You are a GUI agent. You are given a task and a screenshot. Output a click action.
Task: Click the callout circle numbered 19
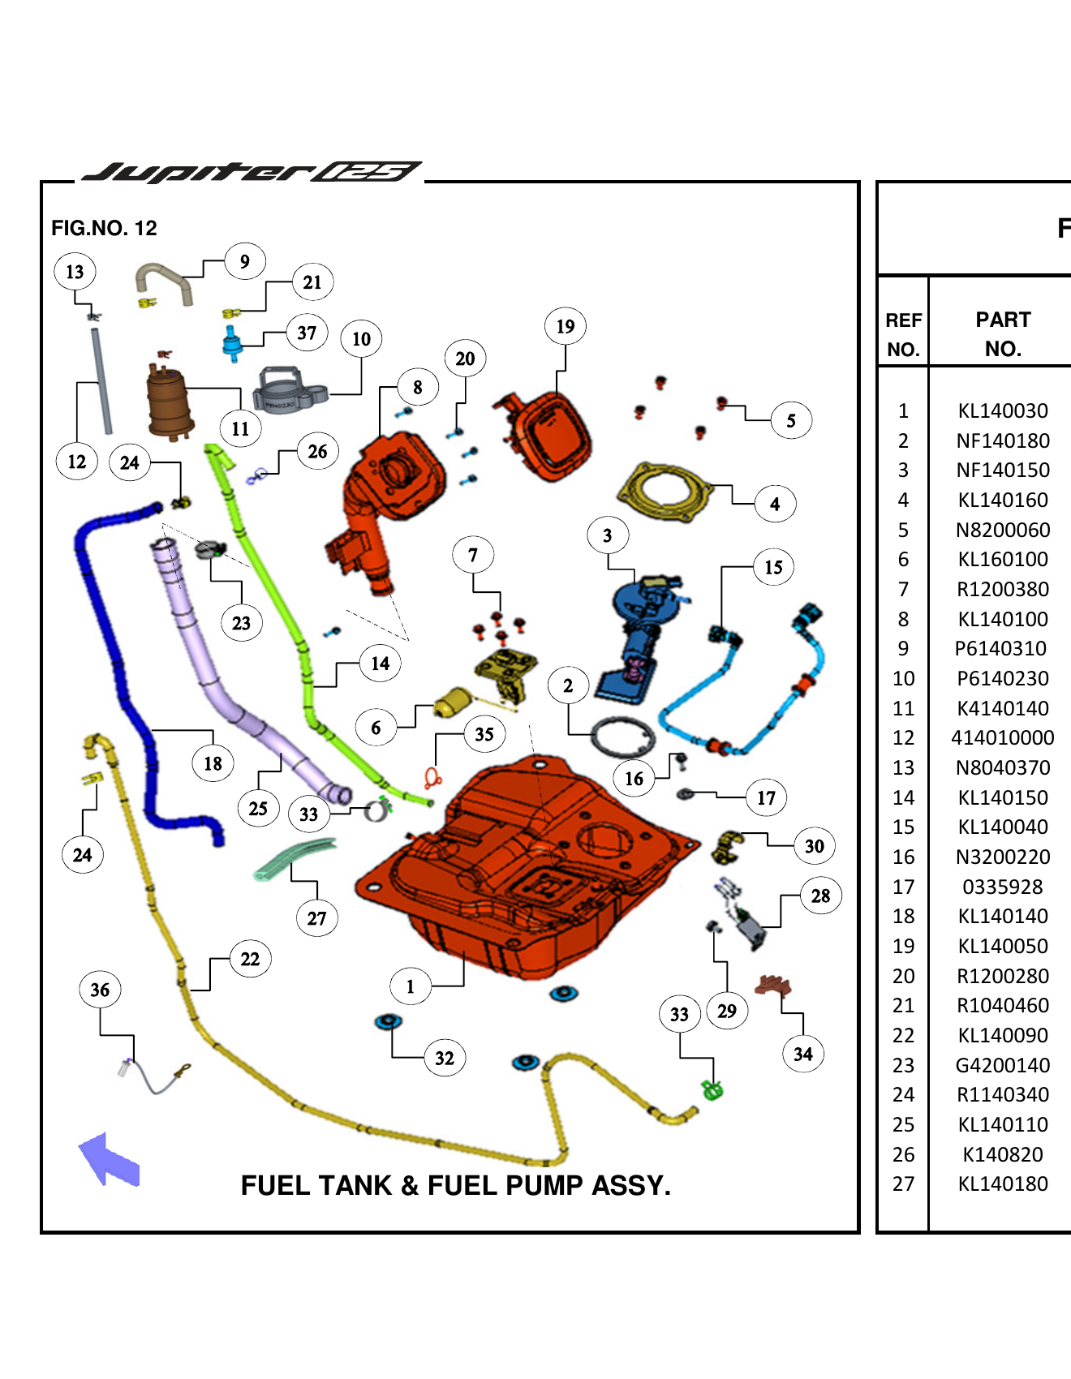(x=565, y=327)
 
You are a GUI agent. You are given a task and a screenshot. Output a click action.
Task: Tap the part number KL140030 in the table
(x=1002, y=410)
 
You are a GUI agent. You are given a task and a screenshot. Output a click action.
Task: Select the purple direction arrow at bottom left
(x=109, y=1160)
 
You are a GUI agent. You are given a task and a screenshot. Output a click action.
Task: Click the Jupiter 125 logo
(x=252, y=171)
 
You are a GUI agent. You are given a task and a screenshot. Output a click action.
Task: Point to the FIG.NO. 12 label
(x=104, y=228)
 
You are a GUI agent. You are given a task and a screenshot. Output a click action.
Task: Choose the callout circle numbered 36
(x=100, y=990)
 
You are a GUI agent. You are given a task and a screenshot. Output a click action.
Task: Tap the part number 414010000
(x=1002, y=737)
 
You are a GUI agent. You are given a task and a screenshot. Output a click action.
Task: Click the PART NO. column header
(x=1002, y=333)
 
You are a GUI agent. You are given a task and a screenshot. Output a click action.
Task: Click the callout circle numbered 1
(x=410, y=986)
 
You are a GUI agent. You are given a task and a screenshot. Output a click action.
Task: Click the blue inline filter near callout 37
(x=232, y=343)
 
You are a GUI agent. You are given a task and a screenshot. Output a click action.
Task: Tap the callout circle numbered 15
(x=773, y=567)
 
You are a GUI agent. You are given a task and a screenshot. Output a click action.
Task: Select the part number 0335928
(x=1002, y=887)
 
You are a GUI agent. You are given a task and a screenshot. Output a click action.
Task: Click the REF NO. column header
(x=902, y=333)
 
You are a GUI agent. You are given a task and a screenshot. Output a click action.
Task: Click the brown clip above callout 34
(x=772, y=986)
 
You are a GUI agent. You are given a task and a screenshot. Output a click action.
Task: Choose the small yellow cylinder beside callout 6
(x=454, y=702)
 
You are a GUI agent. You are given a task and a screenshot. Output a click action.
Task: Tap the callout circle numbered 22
(x=250, y=959)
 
